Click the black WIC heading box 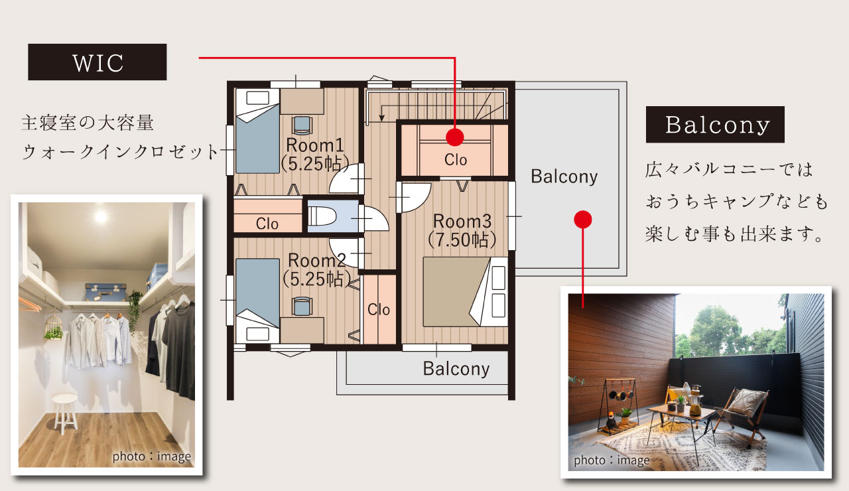coord(98,62)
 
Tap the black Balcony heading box coord(715,124)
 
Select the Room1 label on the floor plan coord(315,145)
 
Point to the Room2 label coord(317,260)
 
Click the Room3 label coord(462,221)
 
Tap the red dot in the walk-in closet coord(455,137)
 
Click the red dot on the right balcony coord(583,220)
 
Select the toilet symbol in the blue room coord(322,216)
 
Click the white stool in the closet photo coord(65,413)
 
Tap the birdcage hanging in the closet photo coord(54,327)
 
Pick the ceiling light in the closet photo coord(101,217)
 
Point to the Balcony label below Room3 coord(456,368)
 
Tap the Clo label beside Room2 coord(379,310)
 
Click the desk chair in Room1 coord(302,125)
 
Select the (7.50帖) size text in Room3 coord(462,240)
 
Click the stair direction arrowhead coord(381,117)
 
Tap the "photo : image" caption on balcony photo coord(612,460)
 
